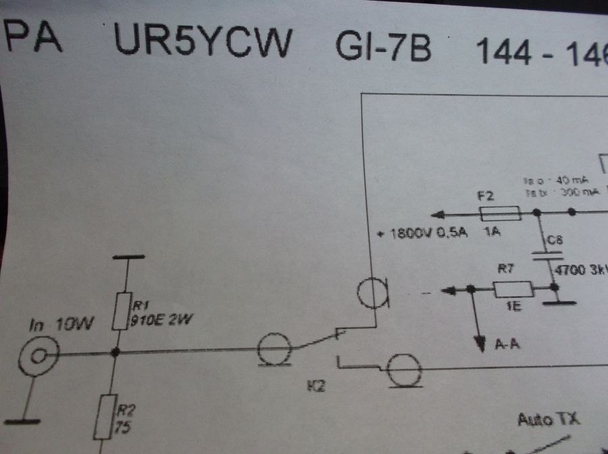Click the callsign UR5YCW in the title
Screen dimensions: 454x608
(x=203, y=42)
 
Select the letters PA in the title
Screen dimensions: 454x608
(x=34, y=39)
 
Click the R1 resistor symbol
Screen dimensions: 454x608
(x=120, y=311)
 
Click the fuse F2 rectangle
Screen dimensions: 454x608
(x=499, y=214)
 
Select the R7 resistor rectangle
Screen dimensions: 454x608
(x=513, y=290)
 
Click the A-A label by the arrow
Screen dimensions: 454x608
(x=507, y=346)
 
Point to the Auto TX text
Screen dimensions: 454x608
(x=548, y=419)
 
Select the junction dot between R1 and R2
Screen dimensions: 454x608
(x=116, y=352)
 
